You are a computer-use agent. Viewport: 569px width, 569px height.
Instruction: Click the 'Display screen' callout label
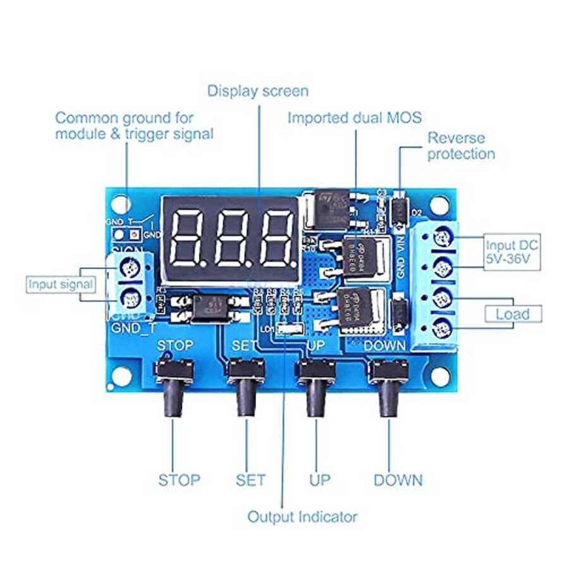(x=258, y=91)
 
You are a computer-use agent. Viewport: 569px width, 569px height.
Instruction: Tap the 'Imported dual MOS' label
(x=354, y=118)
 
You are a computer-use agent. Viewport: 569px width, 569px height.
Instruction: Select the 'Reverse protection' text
(x=461, y=146)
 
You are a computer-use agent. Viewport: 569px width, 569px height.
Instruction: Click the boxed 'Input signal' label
(x=60, y=284)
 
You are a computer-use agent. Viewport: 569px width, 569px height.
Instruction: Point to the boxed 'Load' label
(x=513, y=314)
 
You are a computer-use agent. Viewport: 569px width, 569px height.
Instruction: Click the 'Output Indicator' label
(x=302, y=517)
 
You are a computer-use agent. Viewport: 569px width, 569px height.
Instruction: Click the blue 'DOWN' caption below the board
(x=398, y=480)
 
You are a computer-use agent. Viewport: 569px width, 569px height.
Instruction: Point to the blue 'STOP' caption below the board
(x=179, y=480)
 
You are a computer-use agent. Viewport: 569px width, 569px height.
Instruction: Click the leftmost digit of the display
(x=190, y=238)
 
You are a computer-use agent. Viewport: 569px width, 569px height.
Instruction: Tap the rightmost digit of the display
(x=276, y=238)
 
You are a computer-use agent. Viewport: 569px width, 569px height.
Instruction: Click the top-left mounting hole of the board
(x=119, y=204)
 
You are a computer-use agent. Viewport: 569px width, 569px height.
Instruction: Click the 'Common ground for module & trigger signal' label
(x=134, y=125)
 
